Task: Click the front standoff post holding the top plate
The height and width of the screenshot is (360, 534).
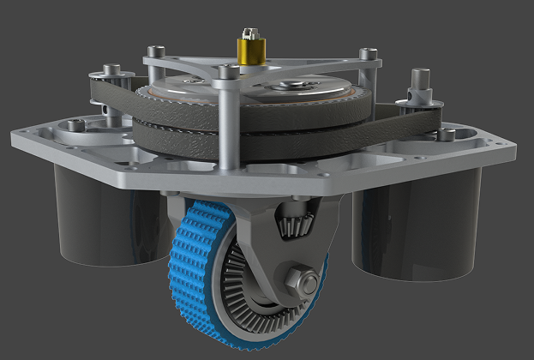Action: point(225,129)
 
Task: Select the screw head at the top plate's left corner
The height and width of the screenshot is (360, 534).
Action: point(153,52)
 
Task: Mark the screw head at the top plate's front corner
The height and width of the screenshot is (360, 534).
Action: point(225,71)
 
